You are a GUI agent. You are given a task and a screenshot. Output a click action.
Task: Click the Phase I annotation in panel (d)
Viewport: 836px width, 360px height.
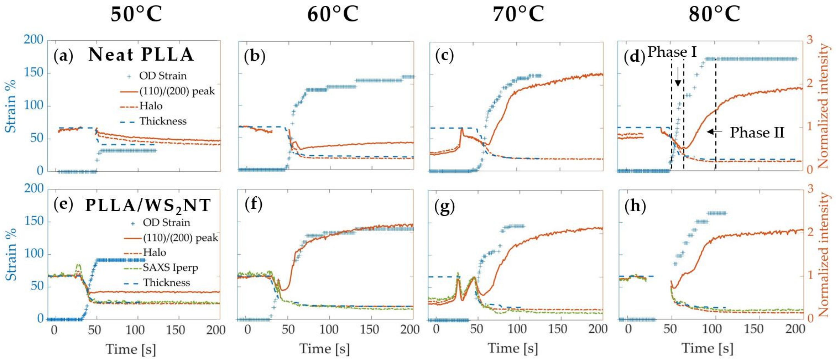(672, 52)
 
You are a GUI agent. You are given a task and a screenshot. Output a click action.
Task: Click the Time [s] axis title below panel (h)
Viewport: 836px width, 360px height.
(707, 349)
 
